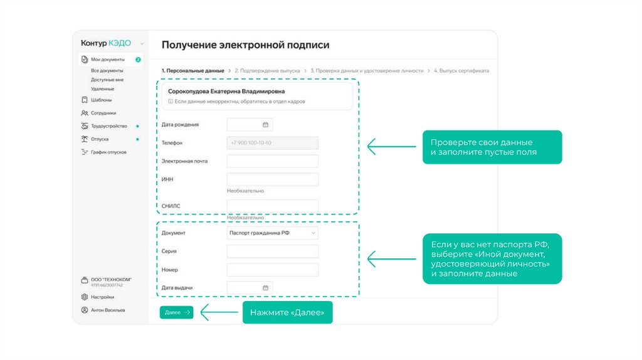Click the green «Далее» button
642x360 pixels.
coord(176,312)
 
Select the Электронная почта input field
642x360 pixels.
coord(272,161)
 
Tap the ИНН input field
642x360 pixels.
coord(272,179)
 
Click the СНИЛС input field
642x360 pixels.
coord(272,206)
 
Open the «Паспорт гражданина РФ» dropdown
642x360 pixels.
coord(272,233)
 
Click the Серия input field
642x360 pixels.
coord(272,251)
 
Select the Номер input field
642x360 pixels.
coord(272,270)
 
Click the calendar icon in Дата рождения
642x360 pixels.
coord(265,125)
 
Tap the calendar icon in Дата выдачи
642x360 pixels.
coord(265,288)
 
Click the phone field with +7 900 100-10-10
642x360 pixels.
coord(272,143)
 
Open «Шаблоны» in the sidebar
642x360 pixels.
coord(101,100)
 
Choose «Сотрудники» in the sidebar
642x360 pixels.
coord(103,113)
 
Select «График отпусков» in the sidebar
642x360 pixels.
coord(108,152)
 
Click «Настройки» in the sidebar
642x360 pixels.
coord(102,297)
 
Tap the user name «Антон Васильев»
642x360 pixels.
coord(107,310)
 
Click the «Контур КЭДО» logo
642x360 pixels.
coord(106,43)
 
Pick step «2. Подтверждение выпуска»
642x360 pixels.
coord(267,71)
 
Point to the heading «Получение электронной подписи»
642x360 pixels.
coord(245,45)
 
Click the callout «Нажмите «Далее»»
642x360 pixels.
coord(287,312)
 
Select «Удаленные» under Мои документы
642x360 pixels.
coord(102,88)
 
